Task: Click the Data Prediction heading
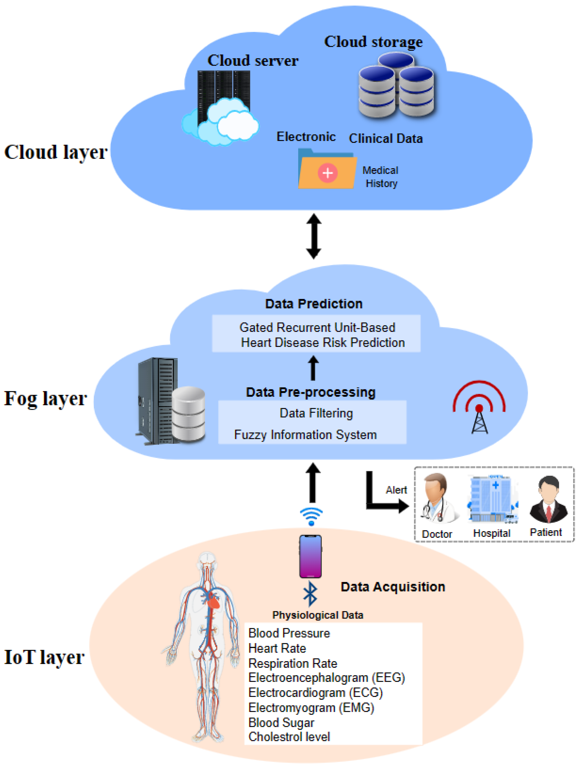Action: point(313,304)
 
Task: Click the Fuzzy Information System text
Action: point(305,435)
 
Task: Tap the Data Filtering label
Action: point(316,413)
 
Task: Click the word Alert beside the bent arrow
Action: point(396,490)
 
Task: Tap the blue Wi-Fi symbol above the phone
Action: point(311,516)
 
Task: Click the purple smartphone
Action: point(310,556)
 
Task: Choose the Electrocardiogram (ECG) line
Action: point(315,693)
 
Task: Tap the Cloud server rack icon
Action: point(223,100)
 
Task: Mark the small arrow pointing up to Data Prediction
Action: point(313,368)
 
